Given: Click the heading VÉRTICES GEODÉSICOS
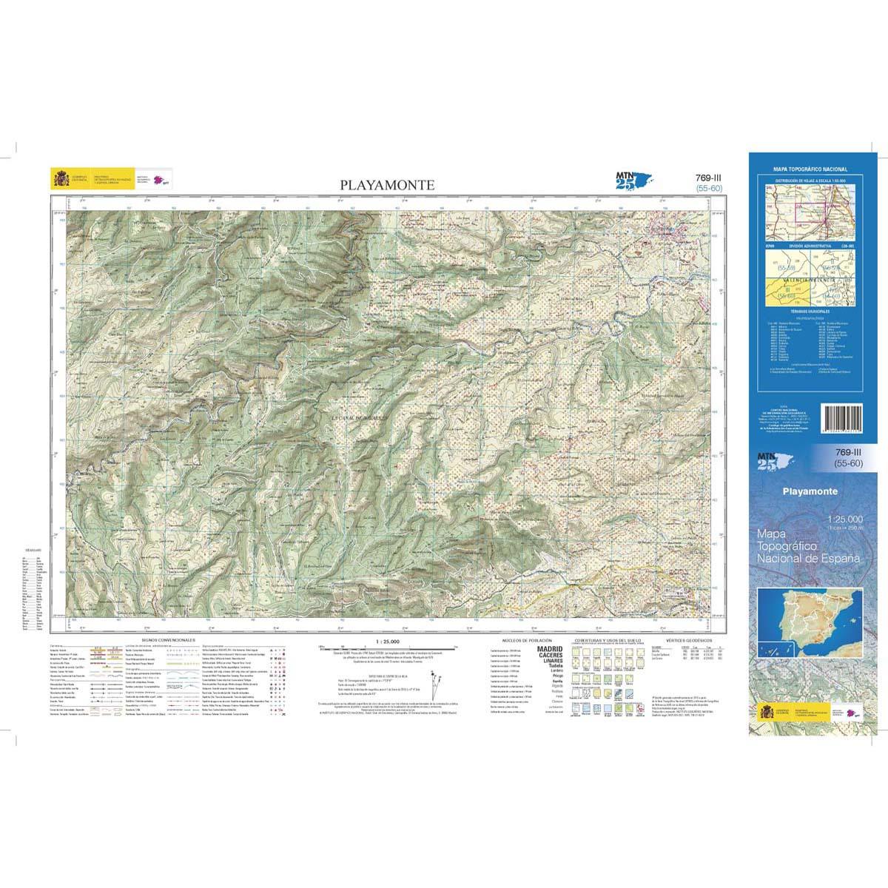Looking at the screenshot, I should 688,638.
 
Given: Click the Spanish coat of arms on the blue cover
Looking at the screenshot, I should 768,713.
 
